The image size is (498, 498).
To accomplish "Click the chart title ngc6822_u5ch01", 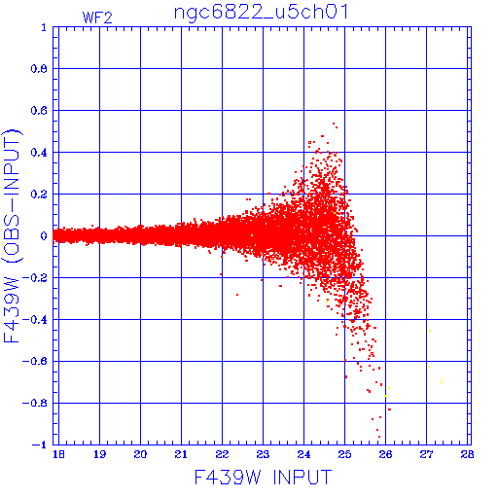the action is coord(262,13).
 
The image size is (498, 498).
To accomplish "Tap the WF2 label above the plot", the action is coord(97,18).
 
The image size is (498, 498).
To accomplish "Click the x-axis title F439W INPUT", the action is coord(263,478).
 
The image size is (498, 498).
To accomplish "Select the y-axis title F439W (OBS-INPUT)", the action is coord(12,236).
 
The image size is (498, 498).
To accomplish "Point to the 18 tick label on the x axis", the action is coord(58,454).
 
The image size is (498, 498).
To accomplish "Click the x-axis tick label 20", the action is coord(140,454).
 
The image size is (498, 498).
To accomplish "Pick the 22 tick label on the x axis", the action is coord(222,454).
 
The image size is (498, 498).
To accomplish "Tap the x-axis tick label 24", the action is coord(303,454).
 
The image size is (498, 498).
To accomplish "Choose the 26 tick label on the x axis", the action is coord(385,454).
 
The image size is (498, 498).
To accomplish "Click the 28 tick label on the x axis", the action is coord(467,454).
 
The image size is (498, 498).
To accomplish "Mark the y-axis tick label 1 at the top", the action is coord(44,27).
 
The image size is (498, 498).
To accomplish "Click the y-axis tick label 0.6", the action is coord(39,111).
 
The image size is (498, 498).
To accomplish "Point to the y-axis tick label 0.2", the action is coord(39,195).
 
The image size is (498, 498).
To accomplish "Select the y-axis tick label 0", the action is coord(44,236).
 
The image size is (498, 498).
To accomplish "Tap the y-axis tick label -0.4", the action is coord(35,320).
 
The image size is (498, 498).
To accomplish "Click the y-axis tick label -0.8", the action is coord(35,404).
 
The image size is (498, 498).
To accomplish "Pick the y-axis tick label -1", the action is coord(40,445).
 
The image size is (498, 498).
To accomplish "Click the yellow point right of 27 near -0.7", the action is coord(442,382).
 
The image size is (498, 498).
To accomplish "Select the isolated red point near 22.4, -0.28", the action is coord(237,295).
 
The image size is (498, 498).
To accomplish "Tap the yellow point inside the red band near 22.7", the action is coord(252,235).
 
